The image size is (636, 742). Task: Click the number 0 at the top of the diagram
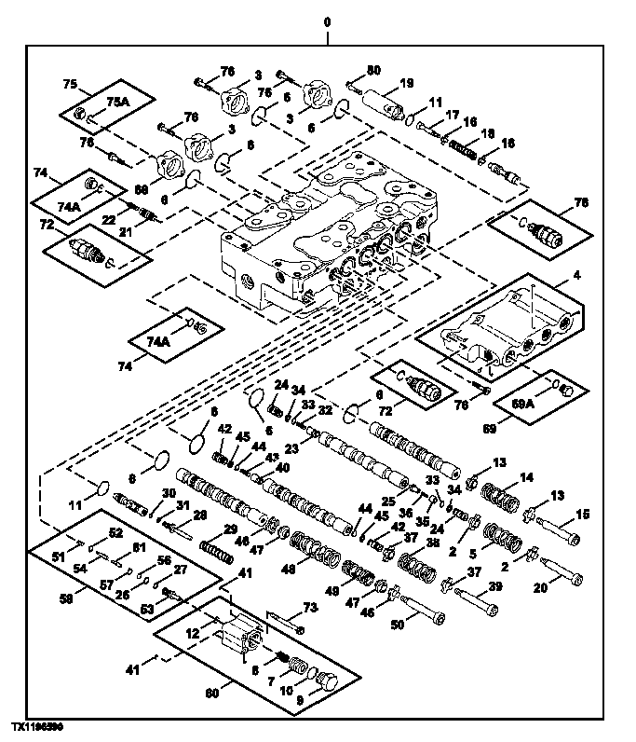tap(326, 21)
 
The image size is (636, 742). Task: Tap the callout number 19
tap(406, 84)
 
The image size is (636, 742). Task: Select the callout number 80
tap(373, 70)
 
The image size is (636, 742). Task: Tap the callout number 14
tap(526, 476)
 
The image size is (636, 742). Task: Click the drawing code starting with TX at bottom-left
tap(37, 724)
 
